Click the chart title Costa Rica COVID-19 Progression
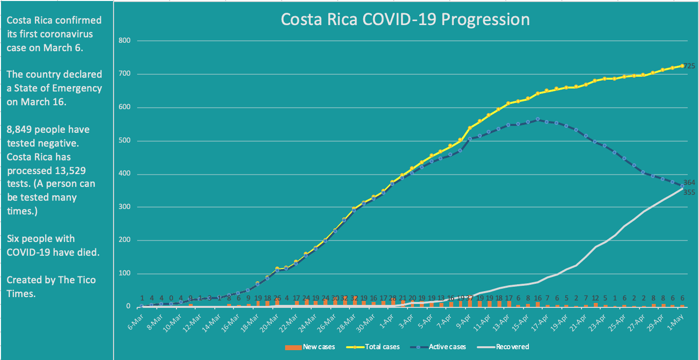[405, 19]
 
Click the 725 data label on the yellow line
[689, 66]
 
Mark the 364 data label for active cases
[689, 182]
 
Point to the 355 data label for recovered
[689, 192]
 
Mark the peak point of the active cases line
[537, 119]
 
